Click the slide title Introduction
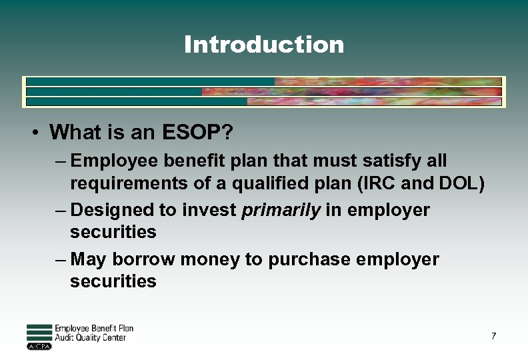pyautogui.click(x=264, y=45)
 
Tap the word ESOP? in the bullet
pyautogui.click(x=197, y=133)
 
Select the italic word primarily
pyautogui.click(x=281, y=210)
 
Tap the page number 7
pyautogui.click(x=493, y=336)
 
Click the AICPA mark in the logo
pyautogui.click(x=39, y=347)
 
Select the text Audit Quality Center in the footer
pyautogui.click(x=91, y=338)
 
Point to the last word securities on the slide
pyautogui.click(x=113, y=281)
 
